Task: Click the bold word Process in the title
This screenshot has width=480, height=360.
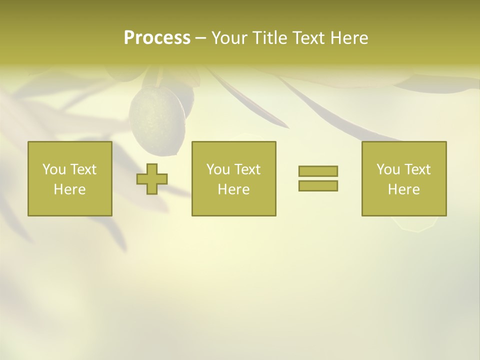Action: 157,38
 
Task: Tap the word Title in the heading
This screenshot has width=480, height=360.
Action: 268,38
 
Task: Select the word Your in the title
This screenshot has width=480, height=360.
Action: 229,38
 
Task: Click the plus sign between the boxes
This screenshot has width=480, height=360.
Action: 152,179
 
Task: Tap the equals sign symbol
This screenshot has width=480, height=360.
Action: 318,178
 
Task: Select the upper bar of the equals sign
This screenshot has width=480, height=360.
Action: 318,171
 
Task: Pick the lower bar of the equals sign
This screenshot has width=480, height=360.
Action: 318,185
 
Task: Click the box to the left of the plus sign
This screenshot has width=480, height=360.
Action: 70,179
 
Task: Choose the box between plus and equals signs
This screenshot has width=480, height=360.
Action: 233,179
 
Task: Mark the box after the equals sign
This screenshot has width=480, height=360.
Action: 404,179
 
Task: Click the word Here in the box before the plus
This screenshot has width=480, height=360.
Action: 70,189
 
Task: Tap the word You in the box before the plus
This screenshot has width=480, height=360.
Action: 54,169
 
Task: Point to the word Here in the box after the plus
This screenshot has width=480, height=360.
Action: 233,189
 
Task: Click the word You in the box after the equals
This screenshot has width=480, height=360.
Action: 388,169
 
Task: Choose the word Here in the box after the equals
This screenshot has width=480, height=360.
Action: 404,189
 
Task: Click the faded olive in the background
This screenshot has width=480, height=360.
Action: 157,117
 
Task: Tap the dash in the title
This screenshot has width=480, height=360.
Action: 201,38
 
